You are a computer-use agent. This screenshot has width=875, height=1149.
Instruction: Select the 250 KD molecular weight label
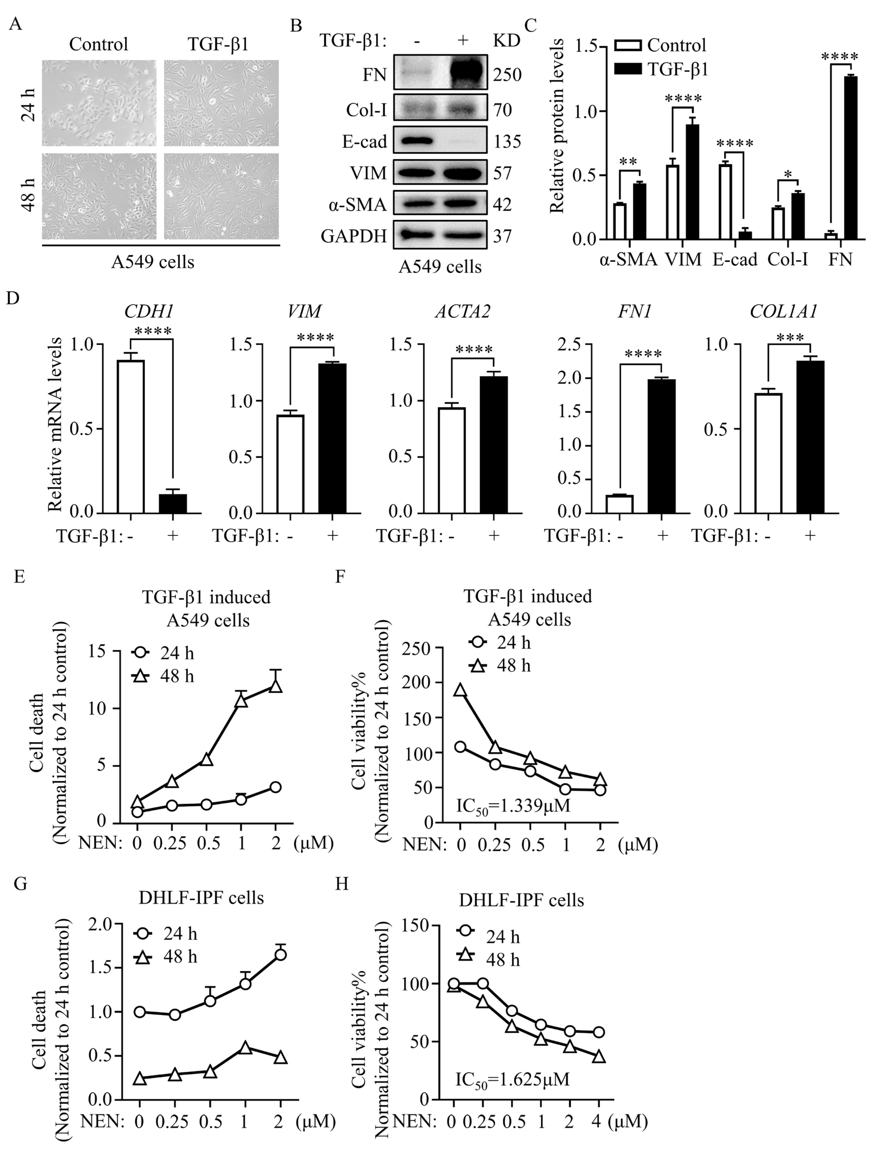[x=507, y=75]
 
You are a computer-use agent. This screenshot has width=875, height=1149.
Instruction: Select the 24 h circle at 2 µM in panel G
[x=281, y=954]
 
